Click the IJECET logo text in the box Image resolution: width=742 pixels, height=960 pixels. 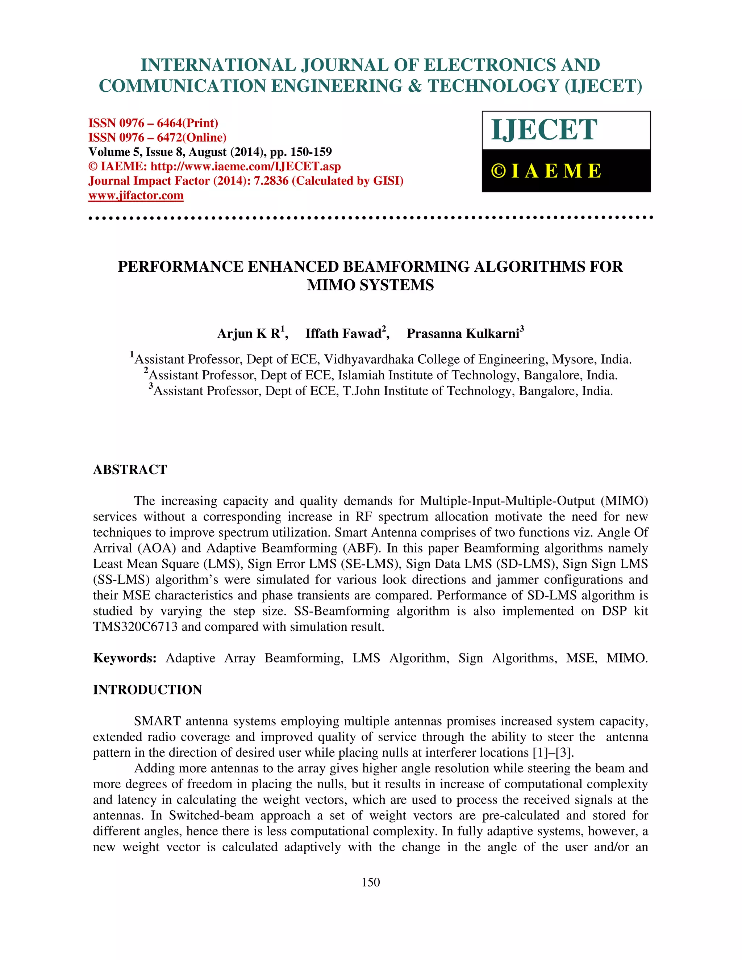click(544, 130)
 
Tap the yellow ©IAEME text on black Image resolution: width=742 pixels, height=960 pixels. click(546, 171)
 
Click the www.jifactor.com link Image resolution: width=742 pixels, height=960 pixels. click(136, 196)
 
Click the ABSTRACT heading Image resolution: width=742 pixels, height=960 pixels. click(130, 470)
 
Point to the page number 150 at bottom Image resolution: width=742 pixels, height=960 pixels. click(371, 882)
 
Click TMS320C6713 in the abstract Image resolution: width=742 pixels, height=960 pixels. click(136, 627)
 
